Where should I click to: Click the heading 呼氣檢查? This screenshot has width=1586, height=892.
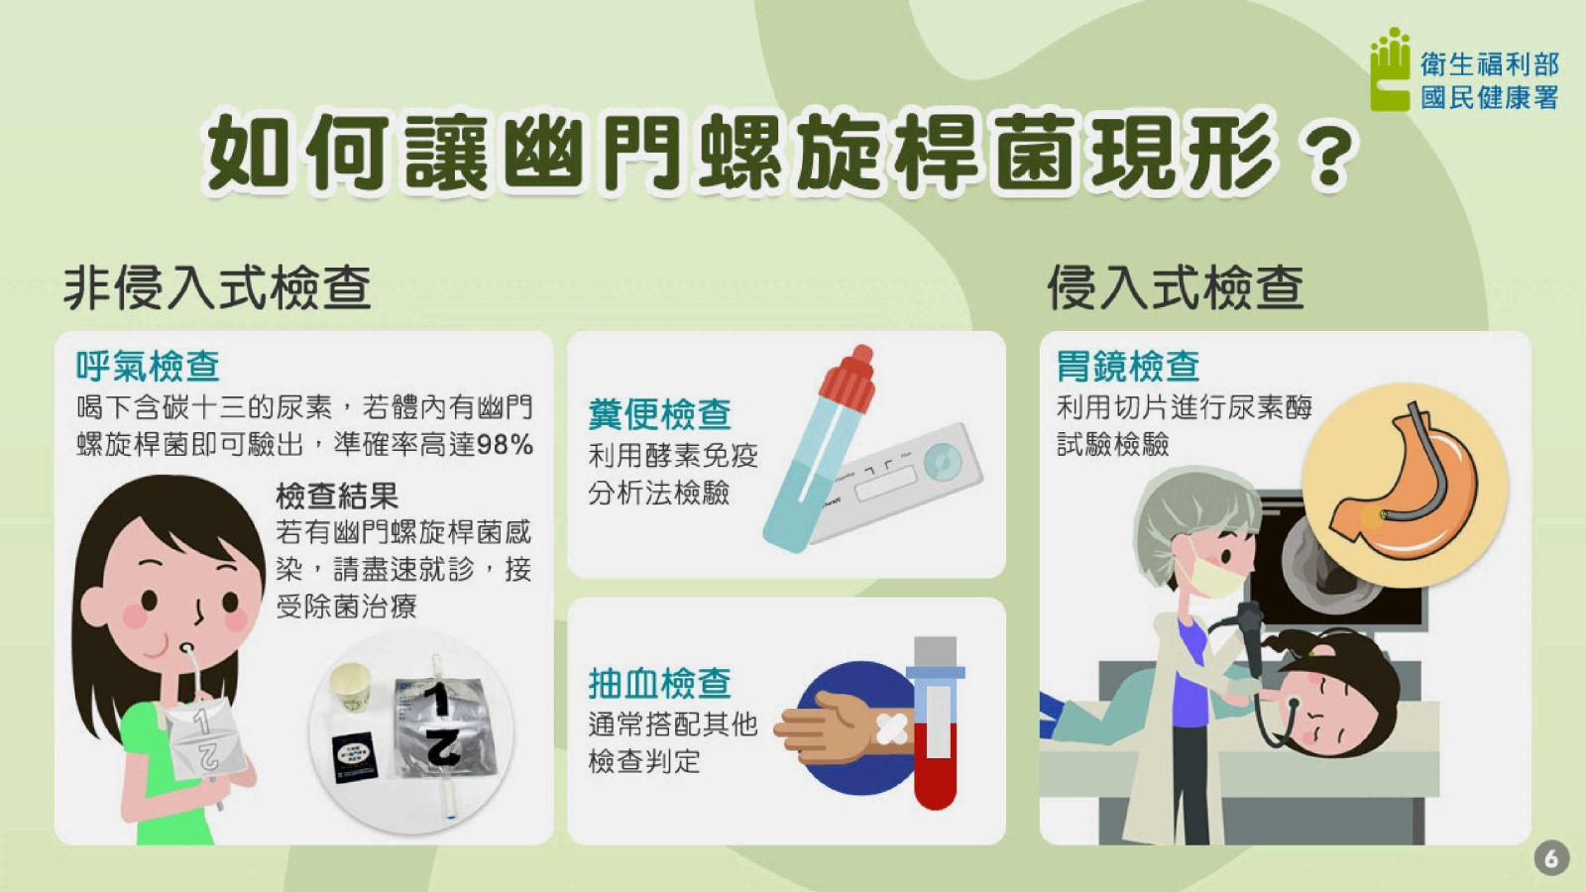pyautogui.click(x=148, y=366)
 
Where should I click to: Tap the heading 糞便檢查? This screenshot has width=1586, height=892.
pyautogui.click(x=660, y=414)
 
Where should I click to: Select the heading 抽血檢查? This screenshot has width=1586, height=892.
pyautogui.click(x=660, y=683)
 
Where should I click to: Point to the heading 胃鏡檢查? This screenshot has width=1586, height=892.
pyautogui.click(x=1128, y=366)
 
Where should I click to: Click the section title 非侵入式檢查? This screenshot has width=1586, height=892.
pyautogui.click(x=217, y=288)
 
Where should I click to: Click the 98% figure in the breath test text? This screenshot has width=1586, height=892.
pyautogui.click(x=505, y=445)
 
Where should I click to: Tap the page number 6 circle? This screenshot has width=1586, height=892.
pyautogui.click(x=1551, y=858)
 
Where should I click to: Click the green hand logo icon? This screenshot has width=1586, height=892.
pyautogui.click(x=1389, y=70)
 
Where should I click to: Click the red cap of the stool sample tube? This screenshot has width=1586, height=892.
pyautogui.click(x=849, y=378)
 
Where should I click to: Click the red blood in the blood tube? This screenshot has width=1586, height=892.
pyautogui.click(x=936, y=768)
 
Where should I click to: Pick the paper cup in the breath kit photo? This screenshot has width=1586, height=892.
pyautogui.click(x=352, y=685)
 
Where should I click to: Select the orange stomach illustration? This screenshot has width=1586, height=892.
pyautogui.click(x=1406, y=484)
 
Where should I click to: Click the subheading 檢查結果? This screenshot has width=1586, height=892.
pyautogui.click(x=337, y=496)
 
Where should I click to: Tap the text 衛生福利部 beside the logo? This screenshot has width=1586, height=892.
pyautogui.click(x=1490, y=64)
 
